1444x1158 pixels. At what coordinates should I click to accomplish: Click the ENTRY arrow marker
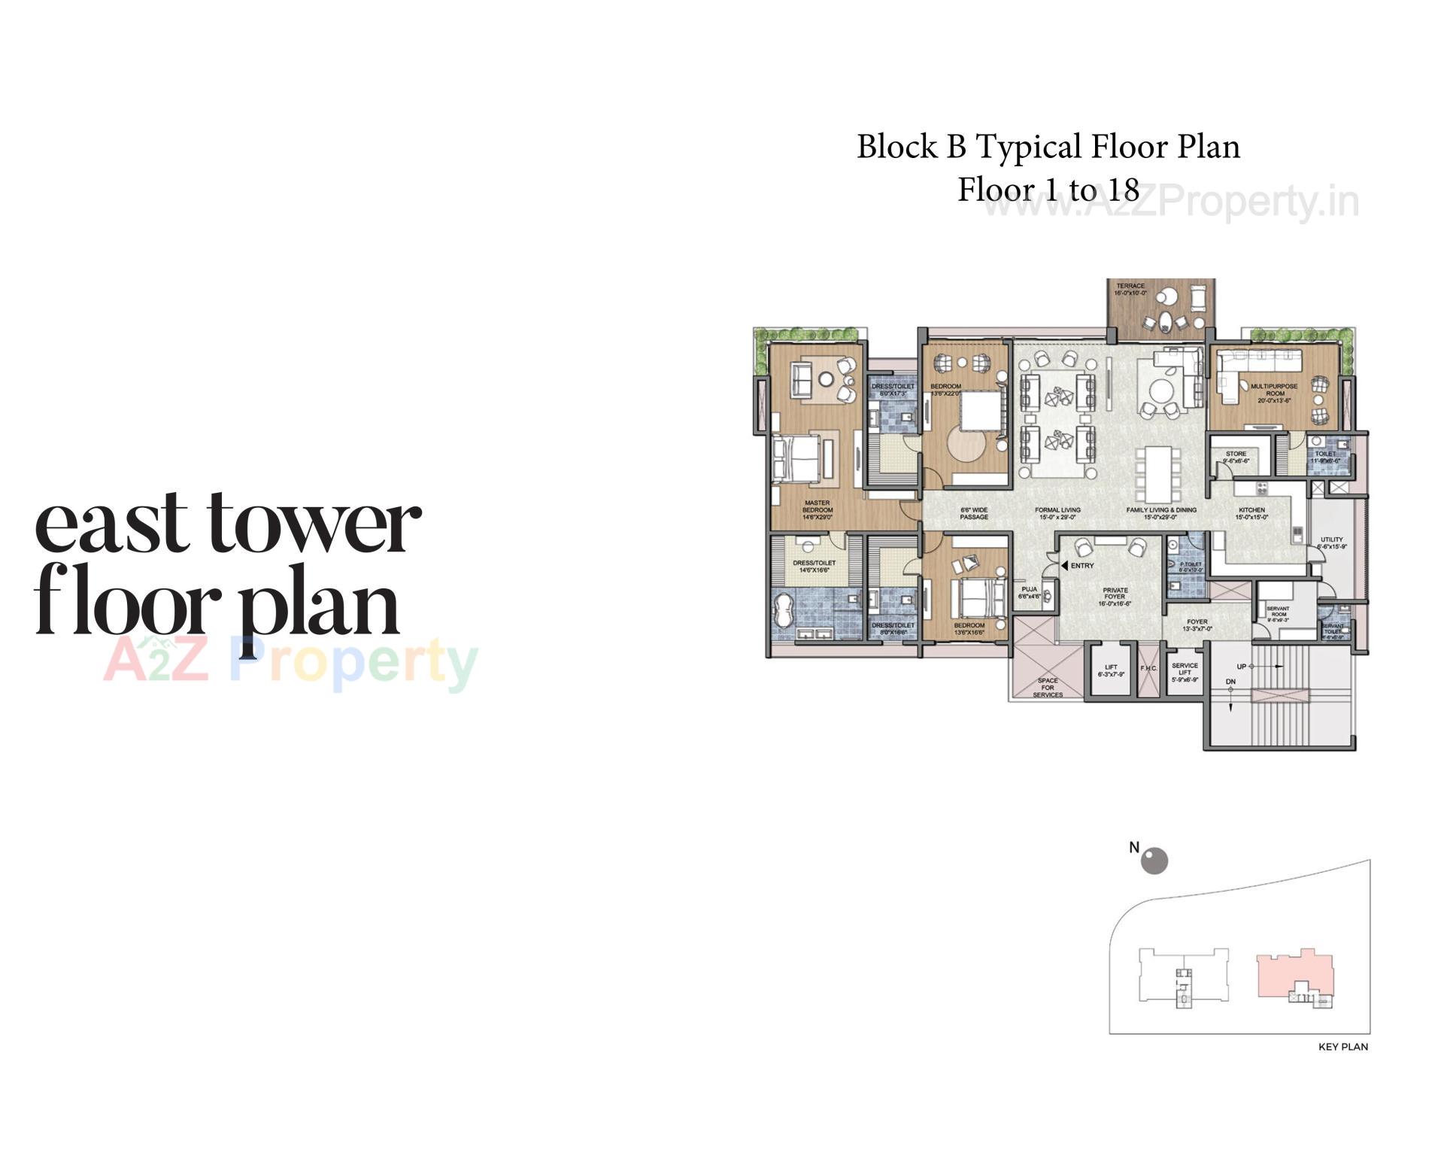coord(1064,565)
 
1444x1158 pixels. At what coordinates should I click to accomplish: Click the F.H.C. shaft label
coord(1148,668)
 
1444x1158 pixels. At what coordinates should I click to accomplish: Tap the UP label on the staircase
coord(1242,666)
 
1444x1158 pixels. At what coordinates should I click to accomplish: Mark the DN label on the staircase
coord(1230,682)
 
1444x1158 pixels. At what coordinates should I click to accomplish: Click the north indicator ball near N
coord(1154,861)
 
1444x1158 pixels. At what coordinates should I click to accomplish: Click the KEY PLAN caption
coord(1342,1047)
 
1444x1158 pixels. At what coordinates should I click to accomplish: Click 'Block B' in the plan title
coord(911,147)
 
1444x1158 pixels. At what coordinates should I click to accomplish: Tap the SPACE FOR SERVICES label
coord(1048,688)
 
